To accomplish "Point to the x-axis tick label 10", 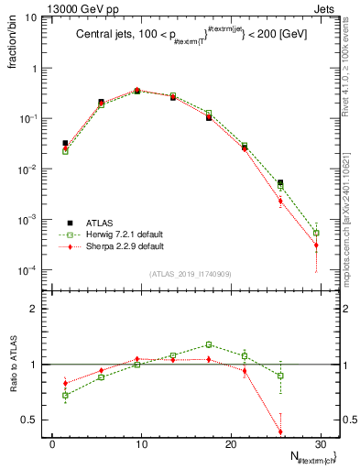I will point(140,444).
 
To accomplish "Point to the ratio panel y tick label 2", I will point(38,309).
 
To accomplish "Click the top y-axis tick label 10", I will point(32,18).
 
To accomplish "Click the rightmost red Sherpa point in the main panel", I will point(316,245).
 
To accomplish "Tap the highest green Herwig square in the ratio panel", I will point(209,344).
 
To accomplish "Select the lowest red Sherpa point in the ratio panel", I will point(280,432).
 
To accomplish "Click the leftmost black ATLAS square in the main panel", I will point(65,143).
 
